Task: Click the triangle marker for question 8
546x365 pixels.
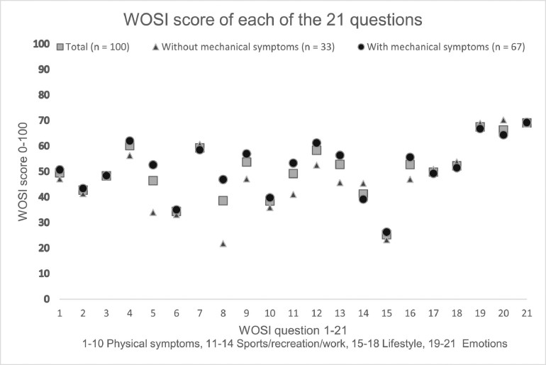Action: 223,244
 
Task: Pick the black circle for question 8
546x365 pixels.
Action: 223,180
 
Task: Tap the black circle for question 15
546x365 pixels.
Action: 386,232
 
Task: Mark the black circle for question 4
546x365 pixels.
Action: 130,141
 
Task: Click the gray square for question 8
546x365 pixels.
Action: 223,201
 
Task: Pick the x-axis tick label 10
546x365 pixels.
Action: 269,312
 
